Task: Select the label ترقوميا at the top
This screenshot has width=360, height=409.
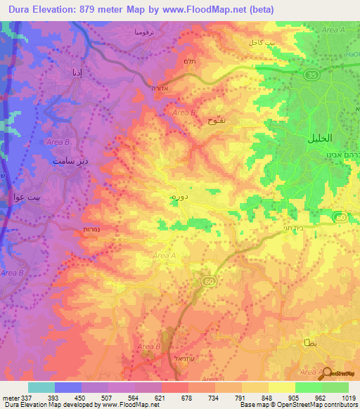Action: click(134, 33)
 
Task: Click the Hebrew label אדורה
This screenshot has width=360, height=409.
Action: click(157, 89)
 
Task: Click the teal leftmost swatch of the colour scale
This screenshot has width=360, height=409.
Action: click(41, 387)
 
